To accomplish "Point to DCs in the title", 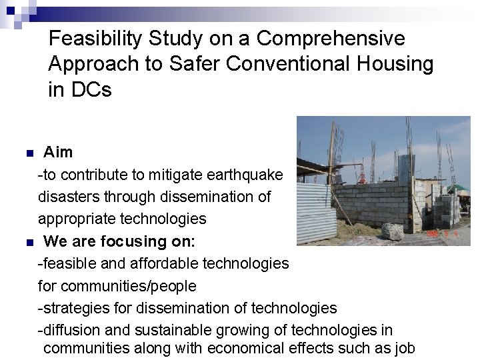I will pos(89,90).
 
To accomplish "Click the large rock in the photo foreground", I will pos(393,231).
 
